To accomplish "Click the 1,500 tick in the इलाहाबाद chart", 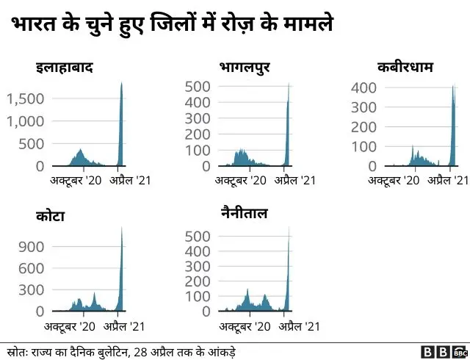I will tap(26, 98).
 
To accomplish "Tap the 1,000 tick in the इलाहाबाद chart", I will tap(26, 120).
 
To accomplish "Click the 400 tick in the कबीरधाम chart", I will tap(366, 87).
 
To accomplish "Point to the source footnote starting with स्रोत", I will tap(120, 350).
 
